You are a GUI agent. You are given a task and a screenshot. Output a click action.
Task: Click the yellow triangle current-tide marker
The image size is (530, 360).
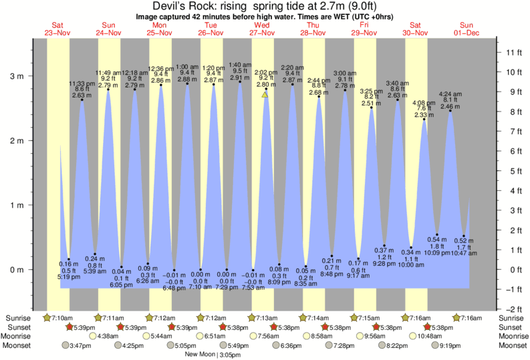pos(265,95)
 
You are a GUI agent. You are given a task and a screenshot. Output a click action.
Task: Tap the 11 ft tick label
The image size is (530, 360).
pos(513,52)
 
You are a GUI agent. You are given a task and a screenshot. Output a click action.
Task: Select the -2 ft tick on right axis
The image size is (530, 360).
pos(513,309)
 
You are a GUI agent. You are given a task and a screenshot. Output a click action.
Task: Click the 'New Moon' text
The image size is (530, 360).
pos(201,355)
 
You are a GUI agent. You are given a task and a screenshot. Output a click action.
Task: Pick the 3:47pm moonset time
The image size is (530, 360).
pos(80,345)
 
